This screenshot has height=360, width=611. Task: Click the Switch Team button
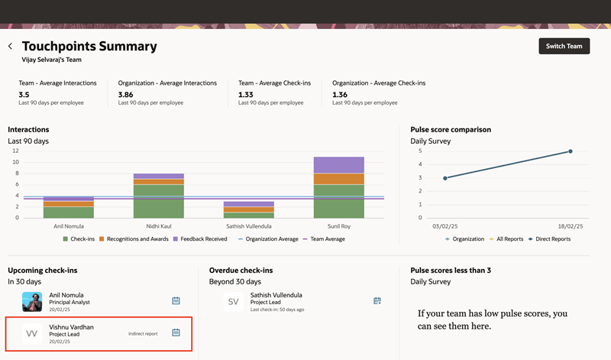tap(564, 46)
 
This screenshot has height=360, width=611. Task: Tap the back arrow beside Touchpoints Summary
tap(11, 47)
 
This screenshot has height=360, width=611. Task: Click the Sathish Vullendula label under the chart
tap(249, 226)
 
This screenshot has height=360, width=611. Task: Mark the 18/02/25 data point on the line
tap(570, 151)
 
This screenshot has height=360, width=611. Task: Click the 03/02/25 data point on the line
tap(445, 178)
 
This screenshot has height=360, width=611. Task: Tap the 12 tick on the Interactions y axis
tap(15, 151)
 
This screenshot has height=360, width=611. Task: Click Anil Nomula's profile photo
tap(32, 301)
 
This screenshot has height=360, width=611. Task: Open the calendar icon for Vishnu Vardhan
tap(176, 332)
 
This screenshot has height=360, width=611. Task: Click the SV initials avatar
tap(234, 302)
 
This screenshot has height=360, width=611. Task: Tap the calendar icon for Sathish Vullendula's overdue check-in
tap(377, 301)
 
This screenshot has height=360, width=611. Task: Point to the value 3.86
tap(126, 95)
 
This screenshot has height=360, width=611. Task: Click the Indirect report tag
tap(143, 333)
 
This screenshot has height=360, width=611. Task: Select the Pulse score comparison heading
tap(451, 130)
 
